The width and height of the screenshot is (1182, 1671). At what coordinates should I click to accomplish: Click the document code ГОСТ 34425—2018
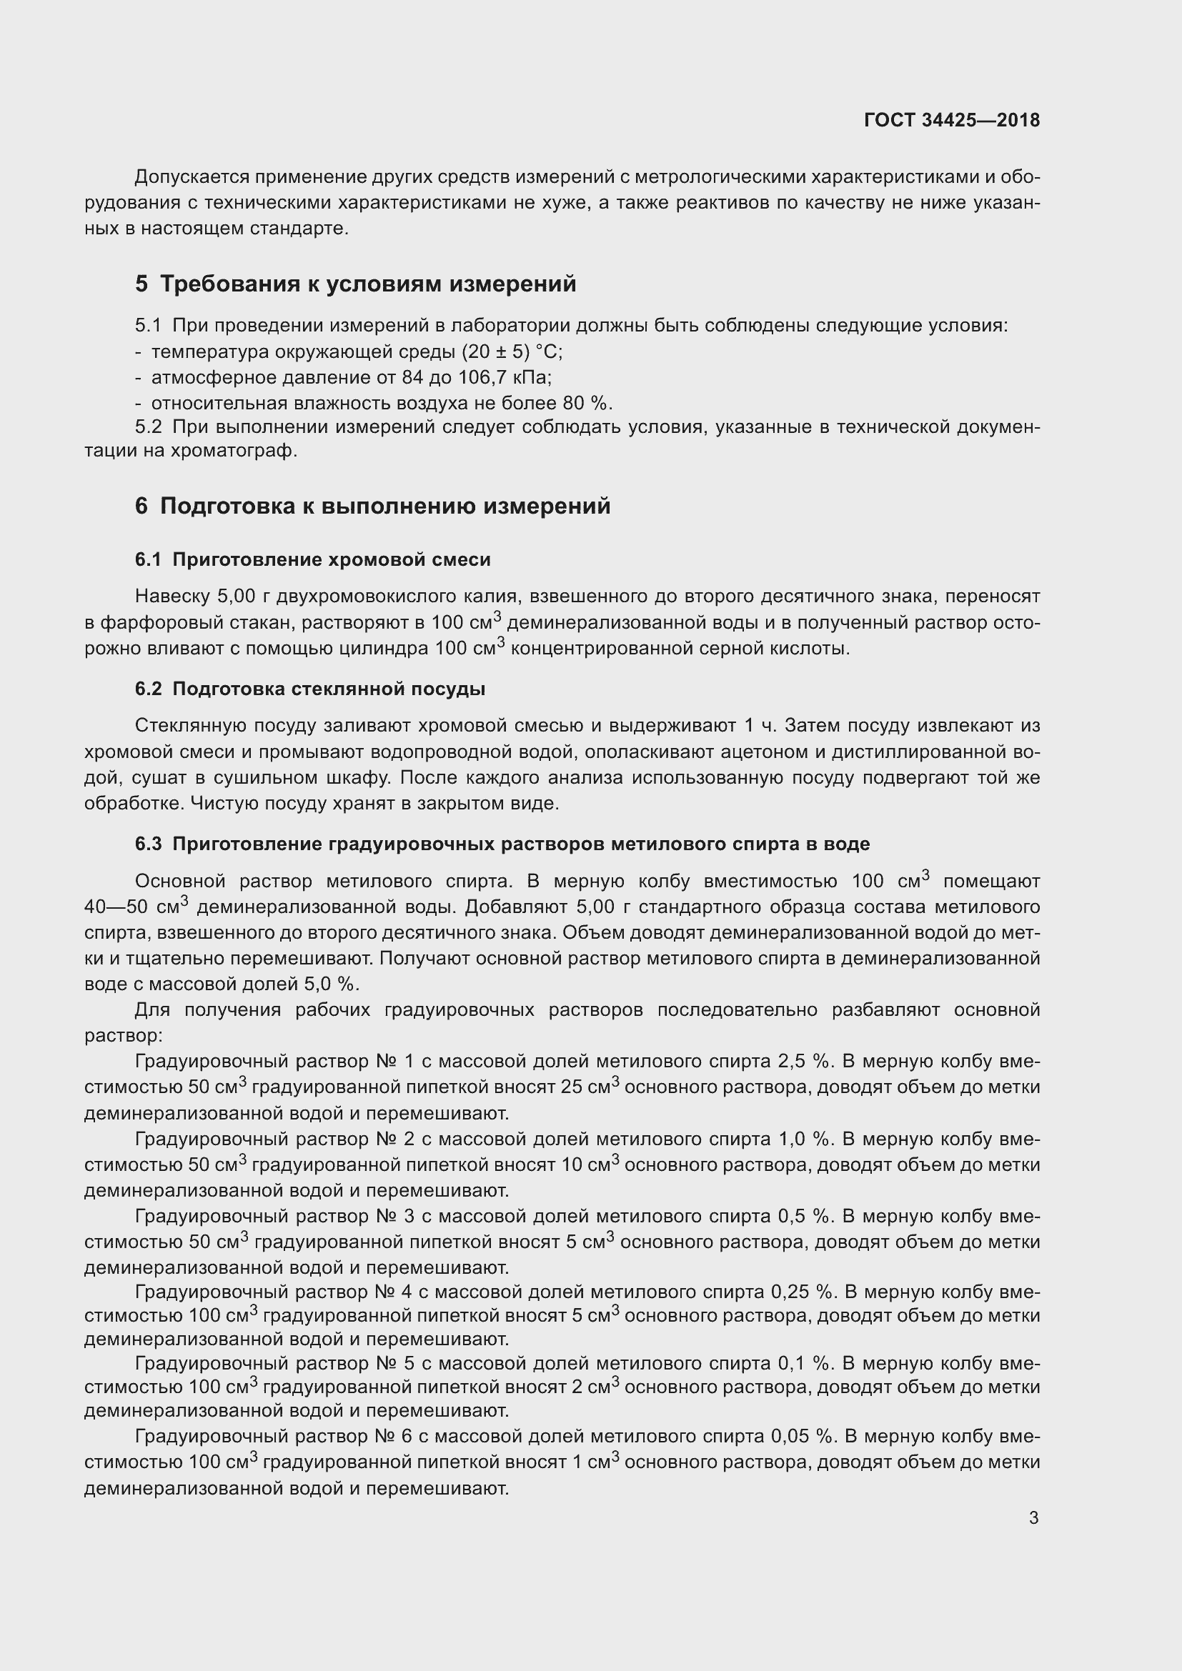[951, 120]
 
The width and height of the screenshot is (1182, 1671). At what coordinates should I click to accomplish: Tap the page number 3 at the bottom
[1033, 1517]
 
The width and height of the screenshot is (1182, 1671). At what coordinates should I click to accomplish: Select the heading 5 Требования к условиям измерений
[355, 284]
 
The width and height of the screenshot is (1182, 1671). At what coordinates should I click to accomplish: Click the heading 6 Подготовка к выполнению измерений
[372, 506]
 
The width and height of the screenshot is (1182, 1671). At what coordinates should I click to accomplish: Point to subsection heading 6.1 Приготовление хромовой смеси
[312, 559]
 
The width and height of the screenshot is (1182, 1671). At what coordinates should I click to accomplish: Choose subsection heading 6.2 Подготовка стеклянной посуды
[310, 689]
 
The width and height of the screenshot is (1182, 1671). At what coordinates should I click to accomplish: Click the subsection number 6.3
[148, 844]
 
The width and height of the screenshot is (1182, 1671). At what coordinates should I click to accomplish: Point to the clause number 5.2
[148, 427]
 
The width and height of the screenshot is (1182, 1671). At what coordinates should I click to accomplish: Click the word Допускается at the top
[192, 177]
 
